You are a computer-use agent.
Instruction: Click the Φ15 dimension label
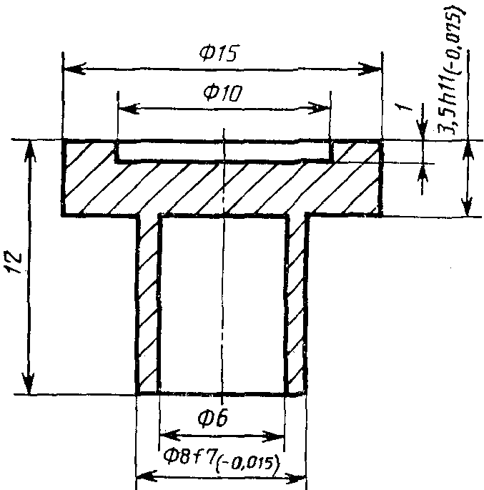(x=219, y=53)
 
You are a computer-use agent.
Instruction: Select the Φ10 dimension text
(x=222, y=93)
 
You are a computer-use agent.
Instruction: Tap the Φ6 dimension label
(x=213, y=418)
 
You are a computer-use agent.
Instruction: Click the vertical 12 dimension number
(x=14, y=262)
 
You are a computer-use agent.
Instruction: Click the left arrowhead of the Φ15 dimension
(x=74, y=69)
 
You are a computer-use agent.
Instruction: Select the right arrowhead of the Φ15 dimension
(x=370, y=69)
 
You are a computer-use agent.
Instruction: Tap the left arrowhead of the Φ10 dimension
(x=129, y=109)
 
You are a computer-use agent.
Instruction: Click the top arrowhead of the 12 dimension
(x=29, y=151)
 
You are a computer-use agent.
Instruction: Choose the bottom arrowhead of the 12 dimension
(x=29, y=383)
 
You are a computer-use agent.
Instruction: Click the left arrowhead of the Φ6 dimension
(x=170, y=436)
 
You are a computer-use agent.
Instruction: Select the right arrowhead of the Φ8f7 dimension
(x=295, y=479)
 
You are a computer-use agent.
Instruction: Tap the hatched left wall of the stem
(x=148, y=305)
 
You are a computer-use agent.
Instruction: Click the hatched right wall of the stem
(x=296, y=305)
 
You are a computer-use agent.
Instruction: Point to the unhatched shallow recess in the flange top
(x=224, y=151)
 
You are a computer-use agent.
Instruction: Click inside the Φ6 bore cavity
(x=222, y=305)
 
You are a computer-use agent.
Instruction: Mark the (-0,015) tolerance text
(x=247, y=464)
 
